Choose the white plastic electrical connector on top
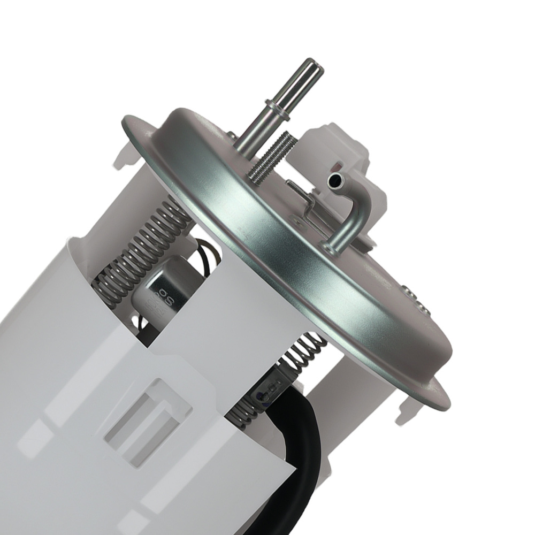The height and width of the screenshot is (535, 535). [342, 155]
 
